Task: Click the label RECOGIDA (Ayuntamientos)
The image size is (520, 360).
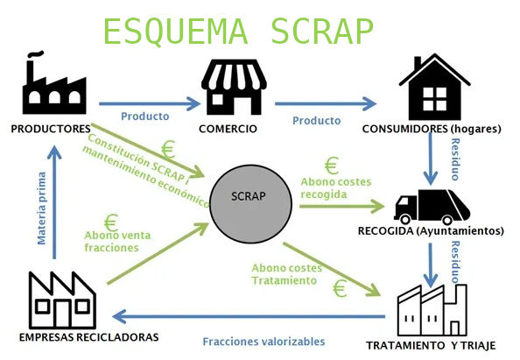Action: pyautogui.click(x=431, y=231)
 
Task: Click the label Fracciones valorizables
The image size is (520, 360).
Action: pyautogui.click(x=250, y=342)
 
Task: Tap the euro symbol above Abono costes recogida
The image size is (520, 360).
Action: pyautogui.click(x=332, y=165)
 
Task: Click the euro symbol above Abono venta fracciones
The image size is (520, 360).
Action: pyautogui.click(x=111, y=222)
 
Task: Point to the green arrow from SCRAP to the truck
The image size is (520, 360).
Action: pyautogui.click(x=341, y=207)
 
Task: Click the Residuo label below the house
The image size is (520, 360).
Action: pyautogui.click(x=455, y=152)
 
